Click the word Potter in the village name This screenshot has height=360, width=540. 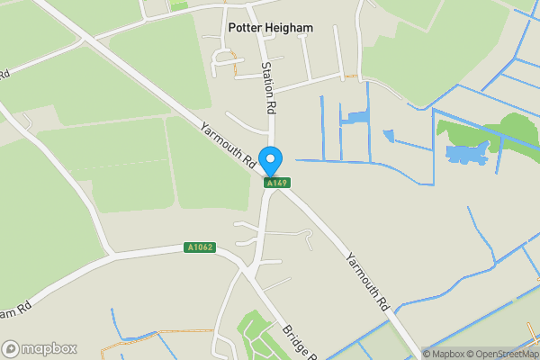[246, 28]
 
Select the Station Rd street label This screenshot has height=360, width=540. [267, 87]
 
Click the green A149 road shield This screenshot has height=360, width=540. [276, 183]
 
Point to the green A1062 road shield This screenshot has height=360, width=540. [200, 247]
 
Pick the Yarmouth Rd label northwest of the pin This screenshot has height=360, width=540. [229, 145]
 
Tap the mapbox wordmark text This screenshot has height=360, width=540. [49, 348]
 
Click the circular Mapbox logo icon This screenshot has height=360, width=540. [11, 348]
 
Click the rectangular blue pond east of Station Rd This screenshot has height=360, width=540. [355, 117]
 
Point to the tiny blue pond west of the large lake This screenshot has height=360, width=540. [388, 136]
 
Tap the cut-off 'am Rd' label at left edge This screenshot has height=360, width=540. [17, 308]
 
